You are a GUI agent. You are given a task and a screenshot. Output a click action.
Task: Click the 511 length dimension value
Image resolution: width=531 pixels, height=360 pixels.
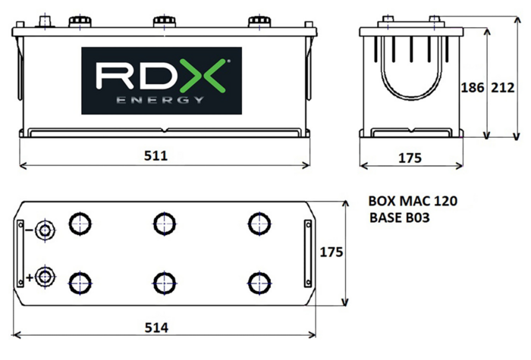click(156, 155)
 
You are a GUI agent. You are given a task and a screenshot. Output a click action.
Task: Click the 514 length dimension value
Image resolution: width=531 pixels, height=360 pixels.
click(156, 327)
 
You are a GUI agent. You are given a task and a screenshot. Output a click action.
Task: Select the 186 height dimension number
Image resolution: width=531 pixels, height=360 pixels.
click(473, 88)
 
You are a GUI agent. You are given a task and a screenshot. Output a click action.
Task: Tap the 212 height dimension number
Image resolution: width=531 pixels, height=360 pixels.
click(503, 88)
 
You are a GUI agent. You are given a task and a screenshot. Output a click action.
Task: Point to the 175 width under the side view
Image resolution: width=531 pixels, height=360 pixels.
click(410, 158)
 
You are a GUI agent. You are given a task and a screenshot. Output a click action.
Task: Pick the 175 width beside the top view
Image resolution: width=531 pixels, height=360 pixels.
click(331, 252)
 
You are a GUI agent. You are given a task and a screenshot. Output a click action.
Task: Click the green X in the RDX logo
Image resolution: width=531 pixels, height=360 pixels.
click(203, 76)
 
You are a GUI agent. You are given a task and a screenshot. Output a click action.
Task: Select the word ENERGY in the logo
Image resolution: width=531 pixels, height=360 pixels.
click(161, 100)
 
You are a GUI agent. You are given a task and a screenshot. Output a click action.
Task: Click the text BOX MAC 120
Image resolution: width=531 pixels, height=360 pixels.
click(413, 201)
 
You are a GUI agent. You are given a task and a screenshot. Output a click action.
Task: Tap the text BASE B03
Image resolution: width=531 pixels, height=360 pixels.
click(400, 218)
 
